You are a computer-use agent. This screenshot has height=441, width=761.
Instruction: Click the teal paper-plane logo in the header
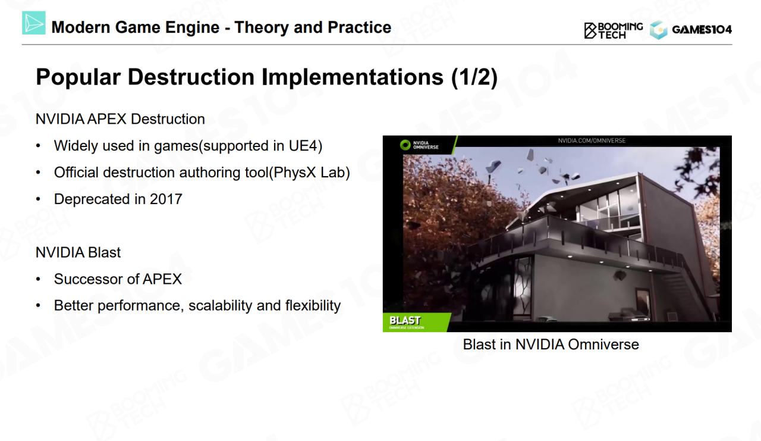click(x=34, y=23)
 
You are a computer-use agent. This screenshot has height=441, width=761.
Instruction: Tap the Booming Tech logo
click(x=613, y=30)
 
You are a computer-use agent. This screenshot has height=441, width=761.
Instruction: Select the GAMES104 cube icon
click(x=658, y=30)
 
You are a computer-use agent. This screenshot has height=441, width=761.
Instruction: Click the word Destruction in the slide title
click(x=191, y=77)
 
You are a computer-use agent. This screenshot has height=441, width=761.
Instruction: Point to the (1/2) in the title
click(x=474, y=77)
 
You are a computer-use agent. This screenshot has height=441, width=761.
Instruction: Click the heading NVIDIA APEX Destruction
click(x=120, y=119)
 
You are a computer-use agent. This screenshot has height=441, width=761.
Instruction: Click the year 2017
click(x=166, y=199)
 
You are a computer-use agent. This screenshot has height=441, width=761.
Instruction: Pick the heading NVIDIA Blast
click(x=78, y=252)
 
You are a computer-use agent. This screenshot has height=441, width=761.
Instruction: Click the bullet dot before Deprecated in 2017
click(x=38, y=199)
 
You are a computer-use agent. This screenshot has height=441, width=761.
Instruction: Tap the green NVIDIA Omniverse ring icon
click(x=405, y=145)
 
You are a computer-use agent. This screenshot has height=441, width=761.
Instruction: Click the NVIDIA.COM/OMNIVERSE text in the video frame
click(x=592, y=140)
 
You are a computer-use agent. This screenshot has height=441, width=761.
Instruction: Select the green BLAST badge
click(x=417, y=322)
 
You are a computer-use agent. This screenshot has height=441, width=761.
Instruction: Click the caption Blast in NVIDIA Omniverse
click(x=551, y=345)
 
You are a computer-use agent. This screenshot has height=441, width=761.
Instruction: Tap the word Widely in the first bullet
click(x=76, y=146)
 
